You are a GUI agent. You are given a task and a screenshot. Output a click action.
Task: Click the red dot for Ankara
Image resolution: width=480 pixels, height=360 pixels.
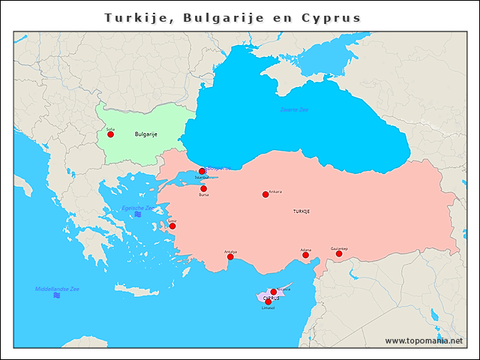pos(265,194)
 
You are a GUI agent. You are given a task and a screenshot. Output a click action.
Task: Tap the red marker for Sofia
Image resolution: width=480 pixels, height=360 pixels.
pos(111,134)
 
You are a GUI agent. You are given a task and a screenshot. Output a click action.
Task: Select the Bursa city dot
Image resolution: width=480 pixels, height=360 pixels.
pos(203,189)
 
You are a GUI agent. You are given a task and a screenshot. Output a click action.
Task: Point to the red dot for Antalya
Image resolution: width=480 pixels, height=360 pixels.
pos(230,257)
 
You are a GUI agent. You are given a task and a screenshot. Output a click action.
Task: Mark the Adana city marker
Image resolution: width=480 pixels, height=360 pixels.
pos(306,255)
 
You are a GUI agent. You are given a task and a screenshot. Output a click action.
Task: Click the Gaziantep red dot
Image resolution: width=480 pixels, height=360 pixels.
pos(339,253)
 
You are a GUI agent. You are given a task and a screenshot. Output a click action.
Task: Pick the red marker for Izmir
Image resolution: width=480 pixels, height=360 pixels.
pos(172,226)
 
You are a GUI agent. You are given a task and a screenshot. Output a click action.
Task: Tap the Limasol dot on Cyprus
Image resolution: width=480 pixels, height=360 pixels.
pos(268,302)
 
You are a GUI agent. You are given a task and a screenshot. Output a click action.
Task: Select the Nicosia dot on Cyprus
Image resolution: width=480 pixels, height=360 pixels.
pos(274,292)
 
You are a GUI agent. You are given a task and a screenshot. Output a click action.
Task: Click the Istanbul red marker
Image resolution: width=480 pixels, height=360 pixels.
pos(202,171)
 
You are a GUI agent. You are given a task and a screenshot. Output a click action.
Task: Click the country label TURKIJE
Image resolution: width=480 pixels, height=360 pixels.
pos(301,211)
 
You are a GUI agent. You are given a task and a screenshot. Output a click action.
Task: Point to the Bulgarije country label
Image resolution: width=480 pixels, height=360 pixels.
pos(145,134)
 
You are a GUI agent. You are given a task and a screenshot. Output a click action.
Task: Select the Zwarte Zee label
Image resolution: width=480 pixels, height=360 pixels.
pos(294,109)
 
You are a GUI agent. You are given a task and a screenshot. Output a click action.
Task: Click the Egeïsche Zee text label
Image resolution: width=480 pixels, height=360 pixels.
pos(138,208)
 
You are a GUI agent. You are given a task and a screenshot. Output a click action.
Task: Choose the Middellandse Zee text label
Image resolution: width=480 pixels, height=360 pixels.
pos(57,289)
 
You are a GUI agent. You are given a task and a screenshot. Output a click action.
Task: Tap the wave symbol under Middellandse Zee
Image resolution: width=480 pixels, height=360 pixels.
pos(57,296)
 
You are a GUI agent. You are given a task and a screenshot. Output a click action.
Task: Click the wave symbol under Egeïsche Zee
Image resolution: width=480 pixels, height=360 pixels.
pos(138,215)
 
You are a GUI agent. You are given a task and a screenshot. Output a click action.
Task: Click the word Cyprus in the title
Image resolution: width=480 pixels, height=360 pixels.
pos(331,17)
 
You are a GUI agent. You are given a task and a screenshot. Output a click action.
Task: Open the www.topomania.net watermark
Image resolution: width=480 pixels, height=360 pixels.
pos(424,340)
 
